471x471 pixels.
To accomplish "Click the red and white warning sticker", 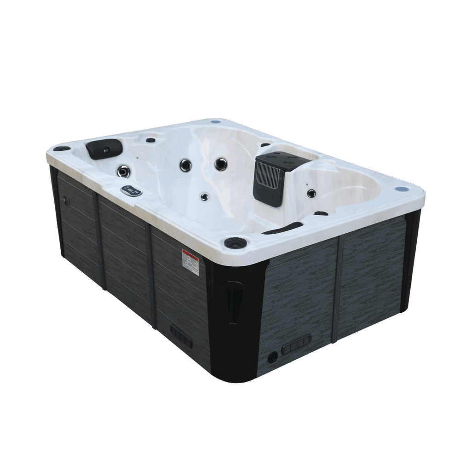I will pyautogui.click(x=190, y=262).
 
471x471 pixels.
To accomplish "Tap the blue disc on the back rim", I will pyautogui.click(x=216, y=123).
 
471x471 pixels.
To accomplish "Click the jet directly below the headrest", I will pyautogui.click(x=123, y=171).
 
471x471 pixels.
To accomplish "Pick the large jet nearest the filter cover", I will pyautogui.click(x=221, y=163).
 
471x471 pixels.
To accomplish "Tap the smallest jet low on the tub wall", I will pyautogui.click(x=204, y=197).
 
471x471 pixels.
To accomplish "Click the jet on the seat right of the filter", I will pyautogui.click(x=311, y=192).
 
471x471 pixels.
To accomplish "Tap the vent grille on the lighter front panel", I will pyautogui.click(x=296, y=344).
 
